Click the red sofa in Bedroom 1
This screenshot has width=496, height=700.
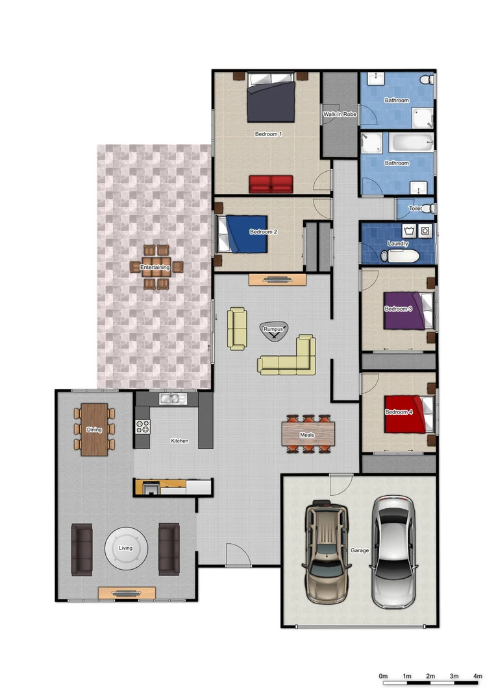(271, 183)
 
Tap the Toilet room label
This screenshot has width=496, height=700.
(415, 209)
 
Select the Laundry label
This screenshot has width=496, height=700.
(397, 244)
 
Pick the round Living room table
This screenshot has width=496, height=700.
(125, 548)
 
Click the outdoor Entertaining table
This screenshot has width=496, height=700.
(155, 266)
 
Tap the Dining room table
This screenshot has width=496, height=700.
(94, 429)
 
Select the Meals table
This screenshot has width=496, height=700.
(308, 434)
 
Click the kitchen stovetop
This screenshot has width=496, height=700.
(143, 427)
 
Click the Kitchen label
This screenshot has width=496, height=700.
(179, 441)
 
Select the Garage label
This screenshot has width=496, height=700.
(360, 550)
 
